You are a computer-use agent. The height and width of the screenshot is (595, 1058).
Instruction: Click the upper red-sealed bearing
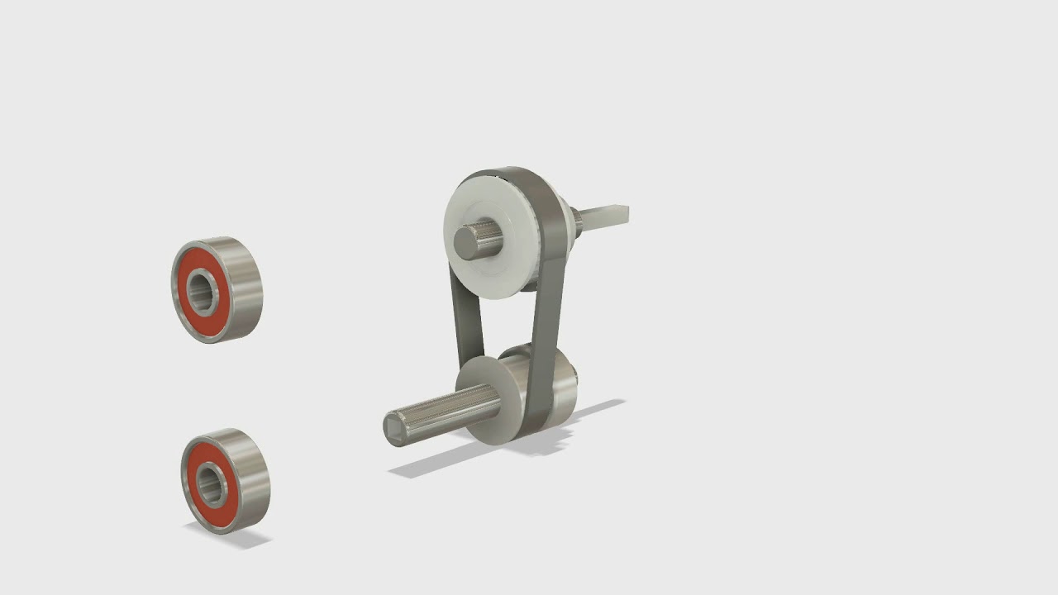tap(217, 290)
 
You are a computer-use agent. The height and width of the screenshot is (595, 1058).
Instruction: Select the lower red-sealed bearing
tap(225, 481)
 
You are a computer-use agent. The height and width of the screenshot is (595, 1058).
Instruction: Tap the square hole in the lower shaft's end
tap(394, 426)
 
